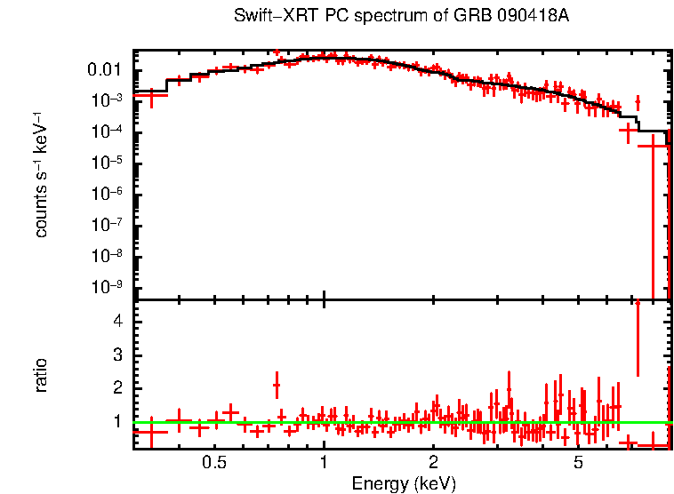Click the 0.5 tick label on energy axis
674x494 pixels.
coord(213,463)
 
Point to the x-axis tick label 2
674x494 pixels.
coord(433,463)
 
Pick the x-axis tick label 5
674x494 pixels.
coord(578,463)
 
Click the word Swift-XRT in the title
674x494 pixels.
coord(266,16)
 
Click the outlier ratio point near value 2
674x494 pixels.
coord(277,386)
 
